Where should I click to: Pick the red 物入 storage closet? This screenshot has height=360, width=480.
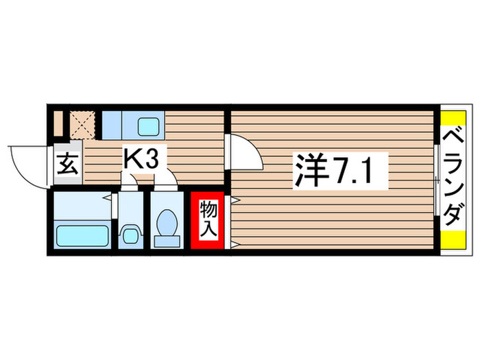(x=208, y=219)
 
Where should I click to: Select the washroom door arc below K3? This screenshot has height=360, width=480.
(x=130, y=180)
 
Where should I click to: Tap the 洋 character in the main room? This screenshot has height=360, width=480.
(x=310, y=169)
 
